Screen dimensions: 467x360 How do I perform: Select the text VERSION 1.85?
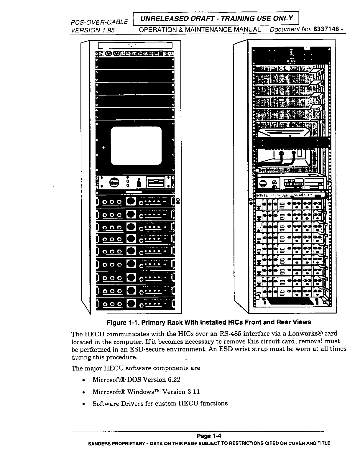click(92, 30)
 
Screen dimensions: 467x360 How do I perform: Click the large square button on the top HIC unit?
click(131, 202)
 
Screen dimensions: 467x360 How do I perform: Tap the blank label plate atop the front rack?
click(135, 46)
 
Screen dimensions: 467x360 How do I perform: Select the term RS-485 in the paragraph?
click(231, 334)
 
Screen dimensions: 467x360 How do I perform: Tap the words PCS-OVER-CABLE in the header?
click(99, 22)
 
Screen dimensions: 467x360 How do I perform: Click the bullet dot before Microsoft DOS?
click(84, 380)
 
